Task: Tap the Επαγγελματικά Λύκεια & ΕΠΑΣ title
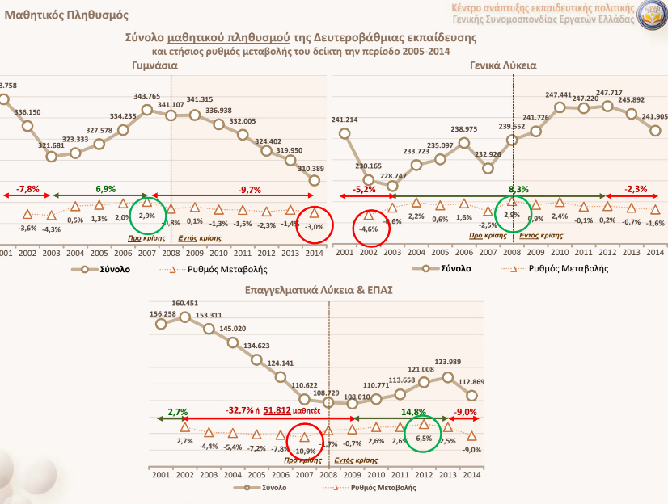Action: pyautogui.click(x=318, y=290)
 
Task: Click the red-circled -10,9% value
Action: pyautogui.click(x=304, y=450)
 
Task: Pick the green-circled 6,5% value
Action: pyautogui.click(x=423, y=440)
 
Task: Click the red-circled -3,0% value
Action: pyautogui.click(x=315, y=227)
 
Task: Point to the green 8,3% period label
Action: pyautogui.click(x=513, y=188)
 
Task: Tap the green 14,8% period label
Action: pyautogui.click(x=415, y=411)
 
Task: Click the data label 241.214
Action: pyautogui.click(x=345, y=120)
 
